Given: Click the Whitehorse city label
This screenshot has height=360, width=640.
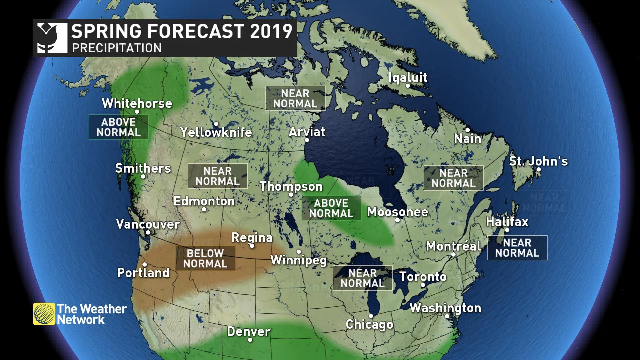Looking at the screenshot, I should pos(137,103).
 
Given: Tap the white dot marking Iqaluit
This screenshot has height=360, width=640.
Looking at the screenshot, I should pos(407,86).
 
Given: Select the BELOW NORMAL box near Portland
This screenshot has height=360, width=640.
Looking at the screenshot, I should pos(205,258).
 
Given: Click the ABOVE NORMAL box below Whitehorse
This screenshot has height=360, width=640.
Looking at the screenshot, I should pos(119,127).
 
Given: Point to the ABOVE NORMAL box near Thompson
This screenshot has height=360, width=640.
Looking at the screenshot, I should pos(331,208).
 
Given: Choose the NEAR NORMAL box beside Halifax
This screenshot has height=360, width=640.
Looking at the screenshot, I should pos(517,248).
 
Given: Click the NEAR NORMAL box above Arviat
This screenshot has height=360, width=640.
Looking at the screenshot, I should pos(295,98).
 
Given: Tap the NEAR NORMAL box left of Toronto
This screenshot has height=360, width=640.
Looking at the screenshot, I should pos(362,278).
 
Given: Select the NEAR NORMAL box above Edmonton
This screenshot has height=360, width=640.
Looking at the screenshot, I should pos(217,176).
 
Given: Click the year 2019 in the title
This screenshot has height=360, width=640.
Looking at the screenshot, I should pos(271,31).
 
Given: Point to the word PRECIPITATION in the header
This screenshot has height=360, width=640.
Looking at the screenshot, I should pos(117,48).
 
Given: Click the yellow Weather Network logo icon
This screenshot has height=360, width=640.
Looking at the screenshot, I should pos(44,314).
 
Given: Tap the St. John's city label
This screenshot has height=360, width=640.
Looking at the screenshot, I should pos(538,161).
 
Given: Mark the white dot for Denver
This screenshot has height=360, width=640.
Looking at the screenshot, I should pos(250,340).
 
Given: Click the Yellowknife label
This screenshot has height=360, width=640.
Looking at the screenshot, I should pos(216,132).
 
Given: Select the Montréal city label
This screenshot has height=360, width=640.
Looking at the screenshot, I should pos(453,246).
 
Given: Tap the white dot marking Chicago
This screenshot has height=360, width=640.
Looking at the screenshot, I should pos(371,316).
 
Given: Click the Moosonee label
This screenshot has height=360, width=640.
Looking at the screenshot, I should pos(397,212).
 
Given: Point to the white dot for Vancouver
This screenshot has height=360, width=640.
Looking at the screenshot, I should pos(148,232).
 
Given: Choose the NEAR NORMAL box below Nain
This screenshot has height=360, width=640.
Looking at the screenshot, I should pos(453,178).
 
